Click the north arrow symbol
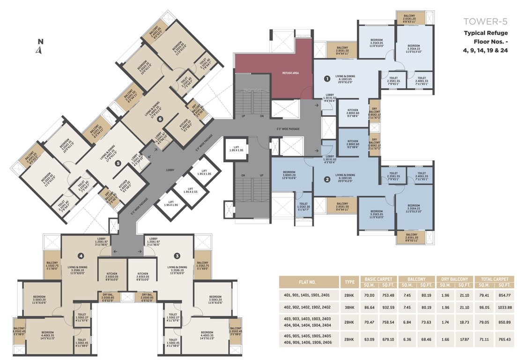[x=40, y=48]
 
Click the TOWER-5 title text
[x=485, y=22]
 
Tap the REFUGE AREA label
[x=290, y=73]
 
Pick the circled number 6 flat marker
[x=160, y=119]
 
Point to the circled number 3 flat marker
[x=177, y=256]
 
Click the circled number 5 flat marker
[x=118, y=163]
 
